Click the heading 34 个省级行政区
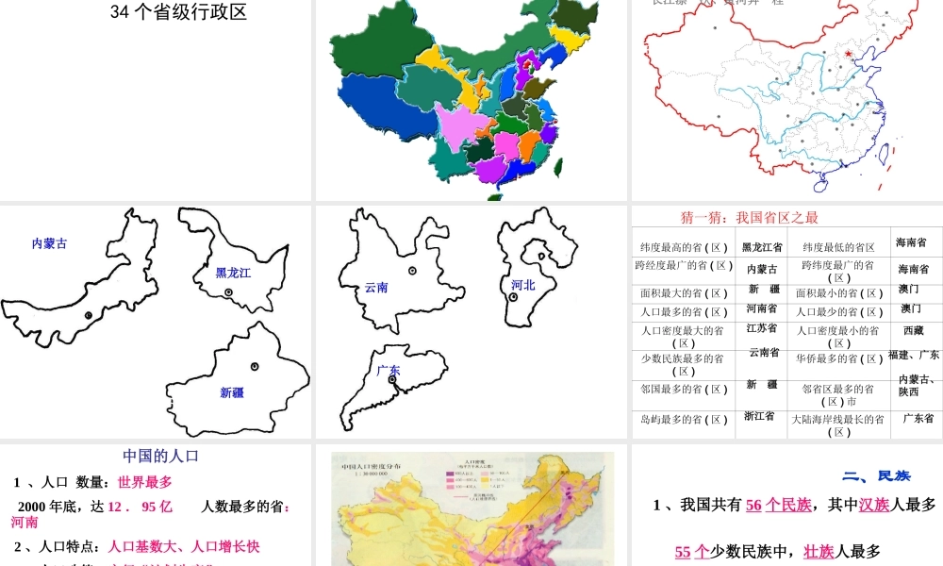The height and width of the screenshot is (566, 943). pyautogui.click(x=178, y=12)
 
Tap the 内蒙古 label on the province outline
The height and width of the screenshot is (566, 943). pyautogui.click(x=49, y=243)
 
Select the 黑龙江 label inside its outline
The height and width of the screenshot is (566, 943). pyautogui.click(x=233, y=273)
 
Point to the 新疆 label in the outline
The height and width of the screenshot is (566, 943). pyautogui.click(x=231, y=391)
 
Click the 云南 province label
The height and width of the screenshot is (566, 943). pyautogui.click(x=376, y=288)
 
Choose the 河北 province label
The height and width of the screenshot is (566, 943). pyautogui.click(x=522, y=284)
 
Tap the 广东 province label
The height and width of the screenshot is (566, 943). pyautogui.click(x=388, y=371)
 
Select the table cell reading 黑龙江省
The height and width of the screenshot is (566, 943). pyautogui.click(x=762, y=247)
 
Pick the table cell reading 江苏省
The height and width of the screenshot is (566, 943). pyautogui.click(x=762, y=328)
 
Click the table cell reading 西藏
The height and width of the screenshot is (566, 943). pyautogui.click(x=914, y=331)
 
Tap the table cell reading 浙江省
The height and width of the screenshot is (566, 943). pyautogui.click(x=759, y=415)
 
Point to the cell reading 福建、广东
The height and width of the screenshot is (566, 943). pyautogui.click(x=914, y=355)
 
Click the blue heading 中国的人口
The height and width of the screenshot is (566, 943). pyautogui.click(x=161, y=456)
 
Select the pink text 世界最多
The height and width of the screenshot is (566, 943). pyautogui.click(x=145, y=482)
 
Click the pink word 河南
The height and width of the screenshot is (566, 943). pyautogui.click(x=25, y=522)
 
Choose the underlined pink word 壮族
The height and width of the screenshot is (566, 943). pyautogui.click(x=819, y=552)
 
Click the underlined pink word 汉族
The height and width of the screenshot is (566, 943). pyautogui.click(x=874, y=505)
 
